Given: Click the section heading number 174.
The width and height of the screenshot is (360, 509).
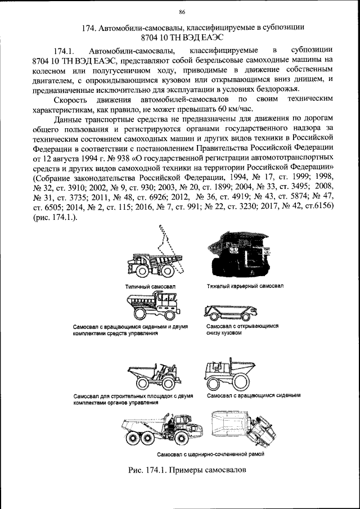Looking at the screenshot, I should click(90, 26).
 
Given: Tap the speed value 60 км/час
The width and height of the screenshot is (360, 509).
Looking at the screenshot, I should click(234, 109).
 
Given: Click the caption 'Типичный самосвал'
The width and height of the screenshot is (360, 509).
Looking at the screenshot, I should click(151, 286).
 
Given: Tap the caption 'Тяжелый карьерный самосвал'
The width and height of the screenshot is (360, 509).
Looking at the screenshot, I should click(242, 286).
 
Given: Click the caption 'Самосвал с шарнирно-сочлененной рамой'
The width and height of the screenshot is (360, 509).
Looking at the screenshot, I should click(211, 453).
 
